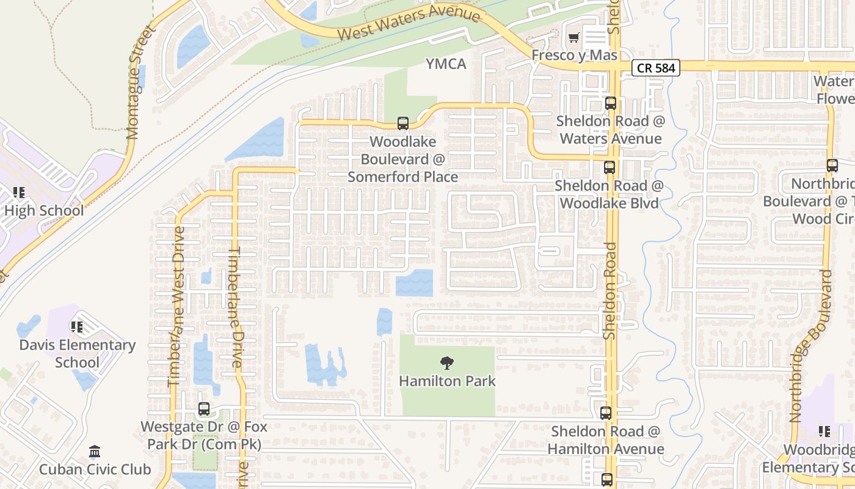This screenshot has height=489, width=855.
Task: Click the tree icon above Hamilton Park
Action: [x=447, y=363]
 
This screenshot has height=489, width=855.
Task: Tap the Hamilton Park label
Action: [x=447, y=381]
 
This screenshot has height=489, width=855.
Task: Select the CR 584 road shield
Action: [x=655, y=68]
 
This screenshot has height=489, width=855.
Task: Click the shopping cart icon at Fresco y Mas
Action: [x=573, y=39]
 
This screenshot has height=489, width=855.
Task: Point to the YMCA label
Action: [x=446, y=64]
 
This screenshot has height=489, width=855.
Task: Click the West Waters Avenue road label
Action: [x=409, y=23]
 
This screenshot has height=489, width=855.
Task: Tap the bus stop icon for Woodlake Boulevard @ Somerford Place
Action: [x=403, y=123]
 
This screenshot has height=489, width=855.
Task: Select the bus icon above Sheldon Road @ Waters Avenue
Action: [x=610, y=103]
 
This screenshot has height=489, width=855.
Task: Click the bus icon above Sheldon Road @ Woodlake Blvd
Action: [x=609, y=167]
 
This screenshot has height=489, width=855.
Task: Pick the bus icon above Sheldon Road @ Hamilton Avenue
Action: [x=606, y=413]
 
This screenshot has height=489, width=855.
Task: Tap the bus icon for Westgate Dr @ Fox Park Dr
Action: [x=204, y=409]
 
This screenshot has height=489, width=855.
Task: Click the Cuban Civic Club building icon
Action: [x=95, y=452]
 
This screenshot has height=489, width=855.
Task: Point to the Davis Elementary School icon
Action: [x=77, y=327]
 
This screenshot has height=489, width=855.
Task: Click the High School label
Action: [x=44, y=211]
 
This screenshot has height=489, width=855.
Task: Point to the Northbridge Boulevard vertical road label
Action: [x=811, y=345]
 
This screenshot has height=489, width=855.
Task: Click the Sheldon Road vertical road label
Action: [x=609, y=290]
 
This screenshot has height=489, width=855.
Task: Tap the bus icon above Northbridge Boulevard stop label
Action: [x=832, y=165]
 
